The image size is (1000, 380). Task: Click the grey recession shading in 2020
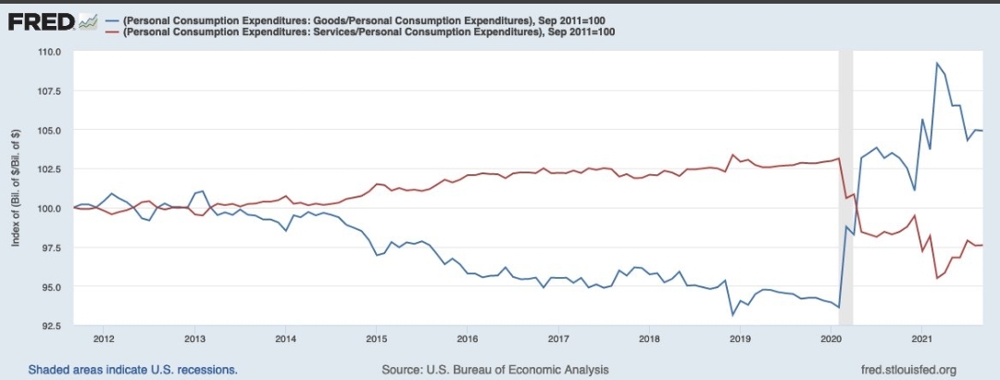[845, 185]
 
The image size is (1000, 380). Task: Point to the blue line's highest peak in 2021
[937, 64]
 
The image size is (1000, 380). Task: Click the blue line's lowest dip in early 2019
[733, 315]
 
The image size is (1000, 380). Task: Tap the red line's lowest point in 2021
[937, 278]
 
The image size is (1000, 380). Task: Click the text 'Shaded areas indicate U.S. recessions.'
[132, 370]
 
